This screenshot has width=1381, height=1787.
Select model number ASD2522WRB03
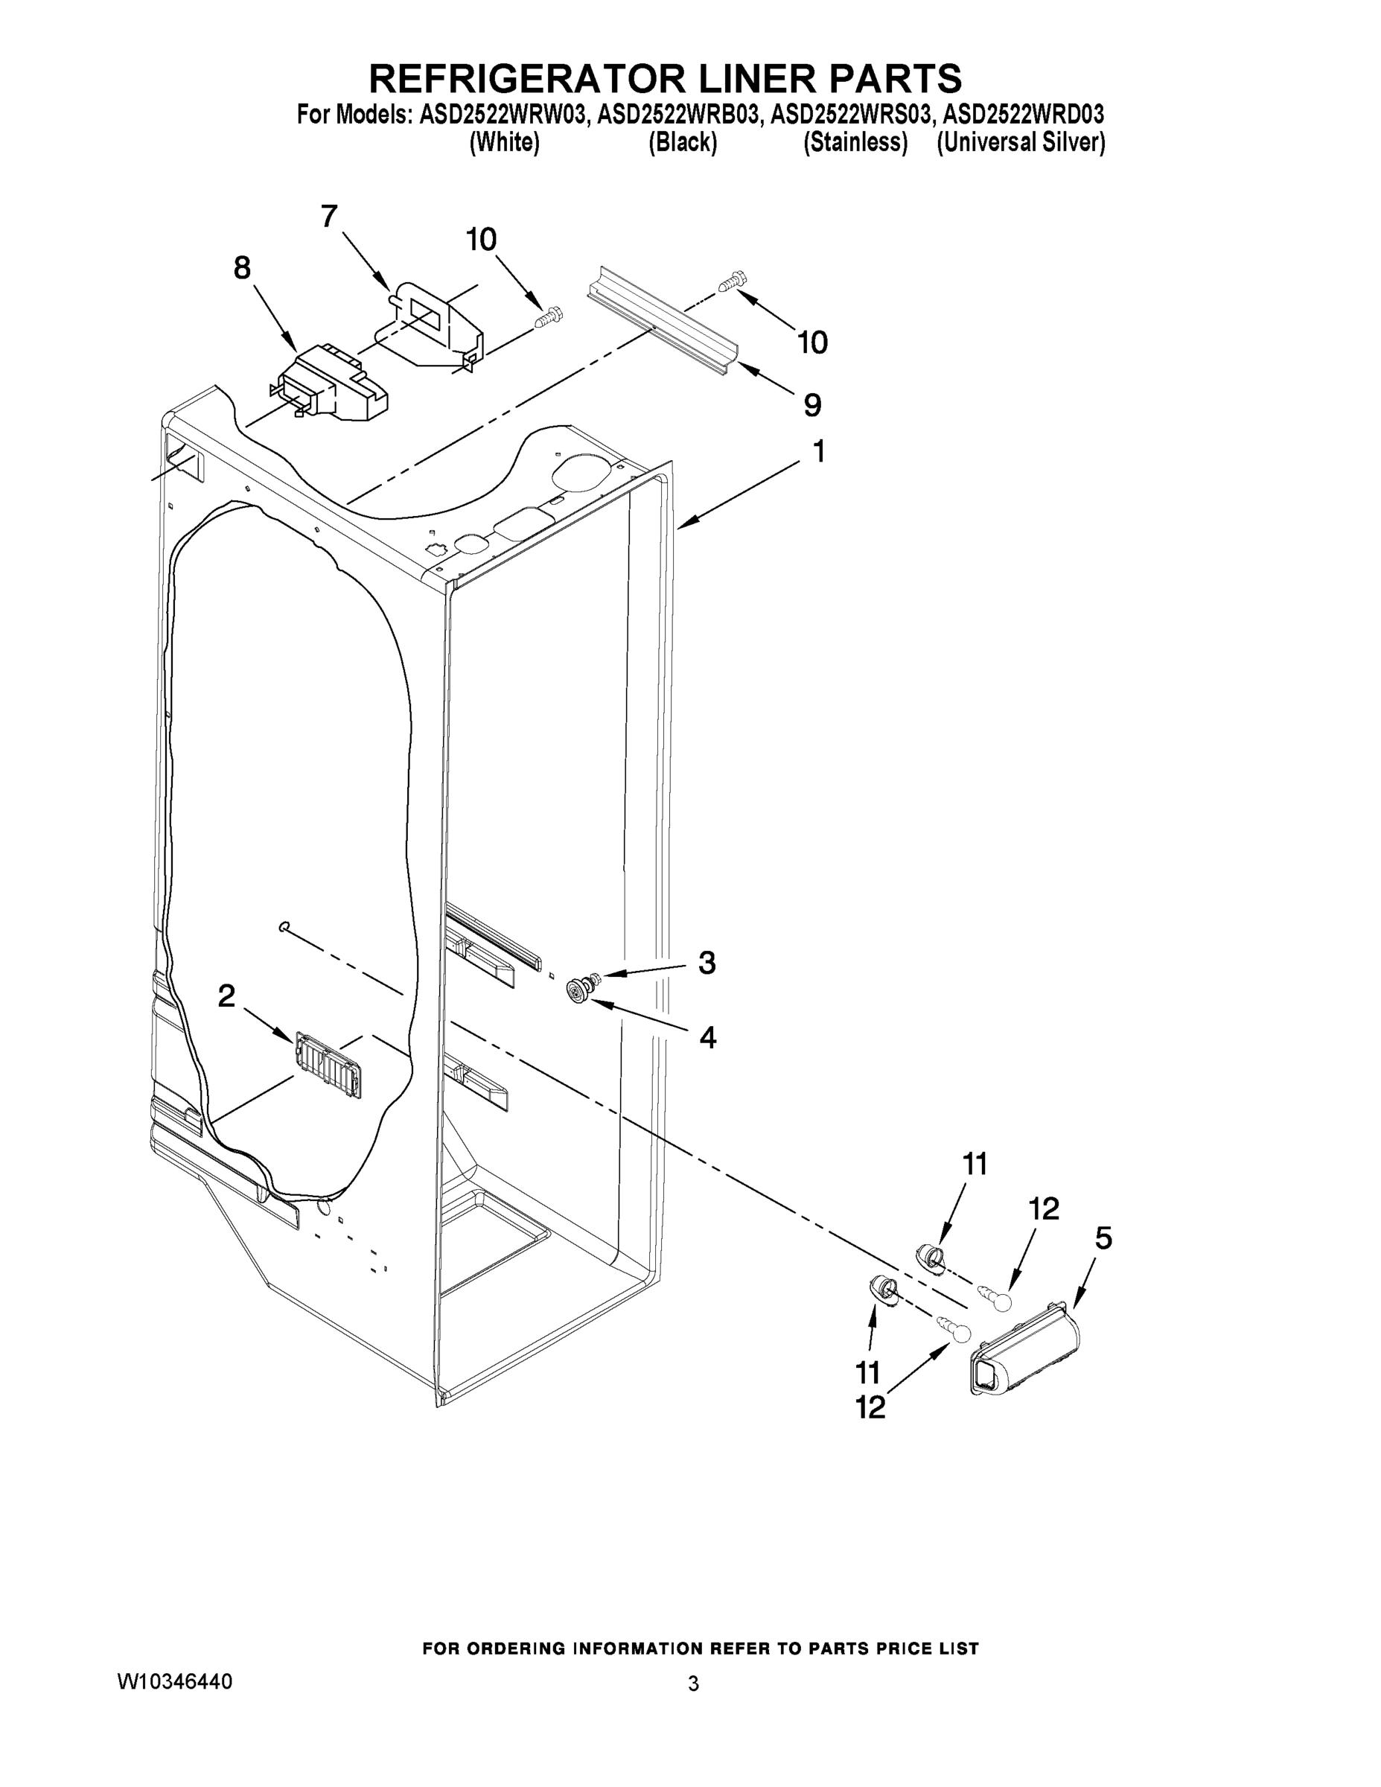[677, 115]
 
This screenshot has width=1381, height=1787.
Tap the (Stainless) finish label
[855, 142]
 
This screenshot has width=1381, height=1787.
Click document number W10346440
[175, 1681]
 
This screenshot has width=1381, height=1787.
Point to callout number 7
[329, 217]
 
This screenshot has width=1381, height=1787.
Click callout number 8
[242, 267]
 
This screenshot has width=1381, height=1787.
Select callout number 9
[811, 404]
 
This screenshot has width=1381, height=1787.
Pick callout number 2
[226, 996]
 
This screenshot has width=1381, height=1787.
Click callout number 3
[707, 963]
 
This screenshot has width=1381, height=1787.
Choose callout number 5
[1103, 1239]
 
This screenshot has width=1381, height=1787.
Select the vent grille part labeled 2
[328, 1065]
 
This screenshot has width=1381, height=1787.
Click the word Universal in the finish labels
[985, 142]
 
